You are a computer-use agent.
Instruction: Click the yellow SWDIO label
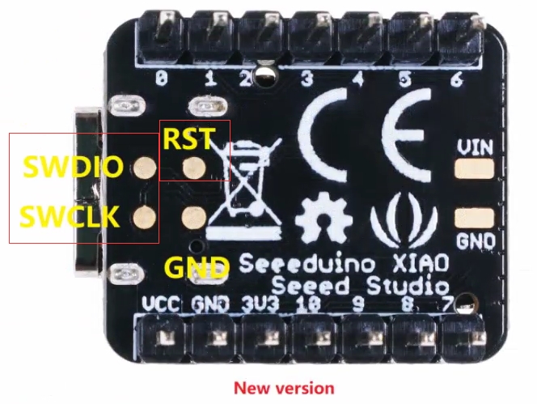(73, 167)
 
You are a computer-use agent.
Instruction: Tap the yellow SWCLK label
(70, 217)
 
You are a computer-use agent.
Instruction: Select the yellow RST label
(189, 138)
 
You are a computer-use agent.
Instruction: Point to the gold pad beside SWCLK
(145, 218)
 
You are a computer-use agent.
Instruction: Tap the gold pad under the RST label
(194, 168)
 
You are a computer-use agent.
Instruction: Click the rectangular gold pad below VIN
(475, 168)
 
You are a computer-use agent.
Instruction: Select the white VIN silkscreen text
(475, 147)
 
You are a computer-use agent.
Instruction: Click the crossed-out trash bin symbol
(244, 188)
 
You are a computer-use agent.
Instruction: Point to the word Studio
(408, 287)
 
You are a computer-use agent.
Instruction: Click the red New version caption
(284, 389)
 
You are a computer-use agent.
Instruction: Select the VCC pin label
(161, 304)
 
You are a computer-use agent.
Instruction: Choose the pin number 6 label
(456, 79)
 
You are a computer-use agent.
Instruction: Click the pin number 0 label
(162, 79)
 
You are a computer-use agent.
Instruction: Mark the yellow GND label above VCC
(197, 267)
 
